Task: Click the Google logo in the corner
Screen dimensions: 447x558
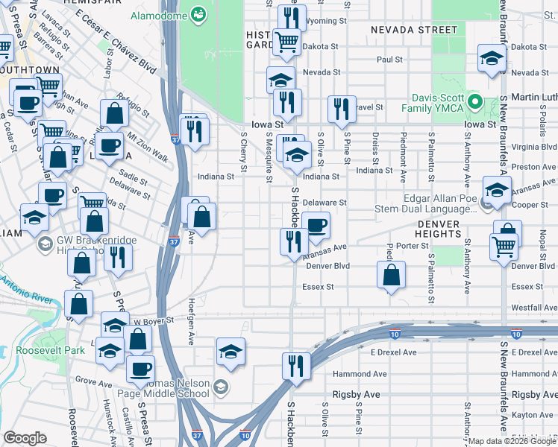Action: (25, 438)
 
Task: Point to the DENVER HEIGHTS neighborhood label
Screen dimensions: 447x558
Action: (450, 229)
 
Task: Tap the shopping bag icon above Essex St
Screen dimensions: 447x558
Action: (391, 275)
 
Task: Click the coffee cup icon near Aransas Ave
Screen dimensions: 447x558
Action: (316, 226)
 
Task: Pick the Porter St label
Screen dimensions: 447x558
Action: (411, 246)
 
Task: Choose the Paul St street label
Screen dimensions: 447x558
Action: (389, 59)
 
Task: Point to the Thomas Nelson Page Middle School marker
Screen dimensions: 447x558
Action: (220, 386)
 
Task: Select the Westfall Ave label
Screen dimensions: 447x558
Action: (533, 307)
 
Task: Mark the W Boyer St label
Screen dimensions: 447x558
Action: (153, 320)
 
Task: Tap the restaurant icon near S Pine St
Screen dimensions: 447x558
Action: (341, 109)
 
